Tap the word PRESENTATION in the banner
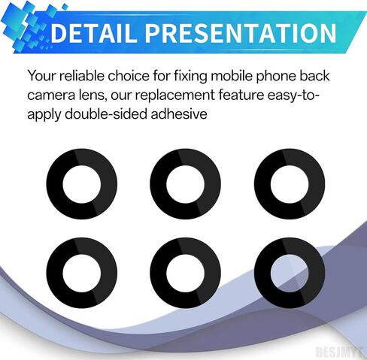coord(241,33)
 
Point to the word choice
coord(129,76)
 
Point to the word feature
coord(241,95)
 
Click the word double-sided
coord(106,114)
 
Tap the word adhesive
coord(179,114)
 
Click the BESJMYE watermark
coord(341,352)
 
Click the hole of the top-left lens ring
coord(82,184)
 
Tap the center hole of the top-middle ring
coord(186,184)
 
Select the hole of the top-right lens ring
coord(290,184)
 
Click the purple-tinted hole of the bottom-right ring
coord(290,273)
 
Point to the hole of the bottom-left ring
coord(82,273)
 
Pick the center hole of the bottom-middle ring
coord(186,273)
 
